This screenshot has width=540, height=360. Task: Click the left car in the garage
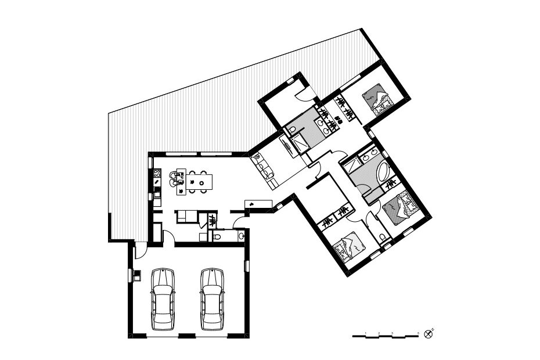tap(162, 299)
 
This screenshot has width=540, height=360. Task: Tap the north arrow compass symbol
tap(429, 333)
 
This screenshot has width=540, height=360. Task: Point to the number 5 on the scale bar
tap(419, 333)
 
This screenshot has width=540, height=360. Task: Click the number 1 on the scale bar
tap(365, 333)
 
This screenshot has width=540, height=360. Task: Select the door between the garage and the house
tap(167, 237)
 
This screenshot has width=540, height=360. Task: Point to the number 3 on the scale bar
tap(393, 333)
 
